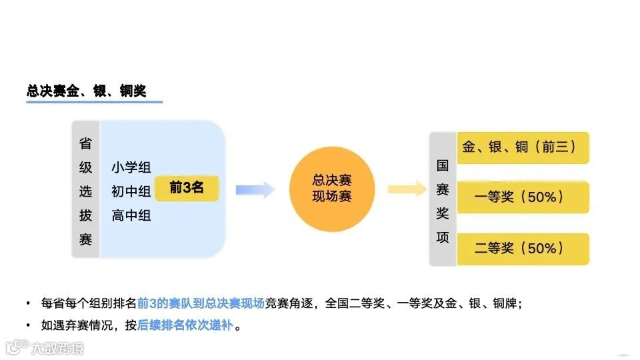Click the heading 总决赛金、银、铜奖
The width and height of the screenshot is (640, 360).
click(86, 91)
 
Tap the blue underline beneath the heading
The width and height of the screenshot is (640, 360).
click(94, 103)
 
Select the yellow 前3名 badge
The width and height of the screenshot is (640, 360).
click(186, 189)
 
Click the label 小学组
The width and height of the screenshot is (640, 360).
click(131, 167)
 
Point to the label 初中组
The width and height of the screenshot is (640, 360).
click(131, 191)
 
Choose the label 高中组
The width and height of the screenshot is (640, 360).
click(131, 215)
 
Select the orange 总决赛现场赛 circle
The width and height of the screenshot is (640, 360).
click(332, 189)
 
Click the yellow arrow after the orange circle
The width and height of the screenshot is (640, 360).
click(406, 189)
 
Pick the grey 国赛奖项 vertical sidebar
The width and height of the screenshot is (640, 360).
click(443, 201)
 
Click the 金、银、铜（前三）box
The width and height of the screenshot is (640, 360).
click(523, 147)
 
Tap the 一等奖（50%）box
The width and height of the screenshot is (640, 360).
click(523, 197)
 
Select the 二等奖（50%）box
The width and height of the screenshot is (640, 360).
click(523, 249)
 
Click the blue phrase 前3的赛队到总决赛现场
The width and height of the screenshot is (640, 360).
click(201, 303)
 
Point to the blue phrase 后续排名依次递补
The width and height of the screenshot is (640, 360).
click(186, 326)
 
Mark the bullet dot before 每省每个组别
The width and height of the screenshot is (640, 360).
click(28, 303)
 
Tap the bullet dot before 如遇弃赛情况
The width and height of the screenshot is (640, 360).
click(28, 326)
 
